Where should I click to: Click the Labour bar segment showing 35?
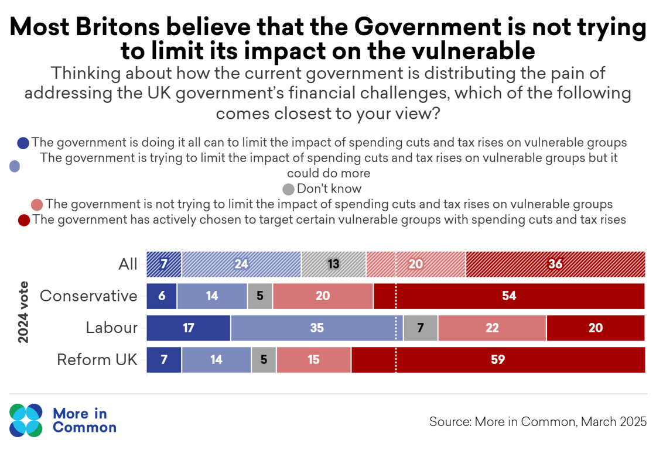[317, 328]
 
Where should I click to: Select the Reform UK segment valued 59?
[498, 359]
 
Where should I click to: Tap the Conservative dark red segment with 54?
[509, 296]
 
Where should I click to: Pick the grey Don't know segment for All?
[333, 264]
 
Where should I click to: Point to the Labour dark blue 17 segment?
[188, 328]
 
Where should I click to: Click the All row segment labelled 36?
[555, 264]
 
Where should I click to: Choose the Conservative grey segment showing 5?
[260, 296]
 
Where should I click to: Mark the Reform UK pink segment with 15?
[313, 359]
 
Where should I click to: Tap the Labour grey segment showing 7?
[421, 328]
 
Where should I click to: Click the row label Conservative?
[88, 296]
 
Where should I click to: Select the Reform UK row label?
[97, 359]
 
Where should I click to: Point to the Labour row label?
[111, 328]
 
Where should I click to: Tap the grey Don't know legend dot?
[288, 190]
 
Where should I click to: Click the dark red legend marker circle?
[24, 221]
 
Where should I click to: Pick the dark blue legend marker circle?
[23, 143]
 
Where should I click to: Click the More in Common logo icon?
[26, 420]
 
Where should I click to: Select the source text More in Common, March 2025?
[538, 421]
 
